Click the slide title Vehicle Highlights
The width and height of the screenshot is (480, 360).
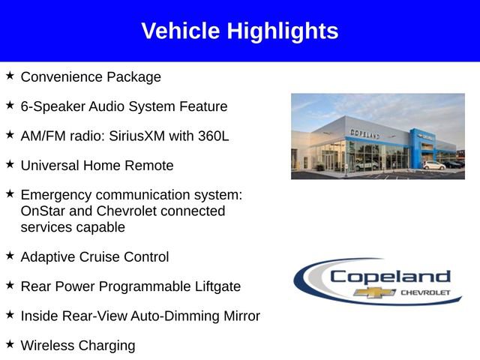pos(239,31)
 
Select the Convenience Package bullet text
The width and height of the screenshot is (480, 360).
pos(91,76)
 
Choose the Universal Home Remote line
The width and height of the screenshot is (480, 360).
pos(97,166)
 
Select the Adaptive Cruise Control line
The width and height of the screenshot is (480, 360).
pos(94,256)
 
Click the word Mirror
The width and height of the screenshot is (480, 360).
pos(238,316)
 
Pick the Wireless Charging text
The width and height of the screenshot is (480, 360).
pos(78,346)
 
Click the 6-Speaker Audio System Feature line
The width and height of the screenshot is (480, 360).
pos(124,106)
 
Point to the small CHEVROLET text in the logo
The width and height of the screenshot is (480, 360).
pos(426,292)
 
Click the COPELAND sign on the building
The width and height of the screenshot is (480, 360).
pos(364,133)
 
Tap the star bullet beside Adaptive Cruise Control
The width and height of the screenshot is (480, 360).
pos(10,255)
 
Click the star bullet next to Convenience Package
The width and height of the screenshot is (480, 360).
pos(10,75)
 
